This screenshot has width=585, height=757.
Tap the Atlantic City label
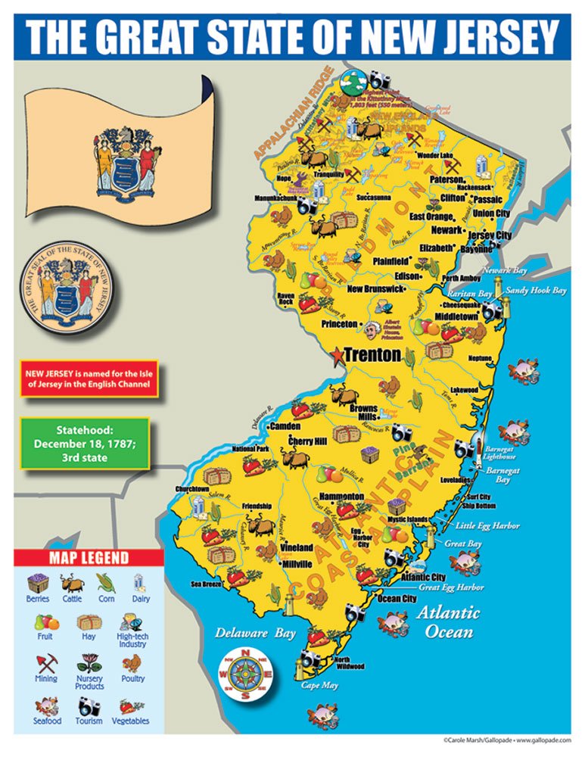point(423,577)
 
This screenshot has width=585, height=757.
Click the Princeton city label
point(338,324)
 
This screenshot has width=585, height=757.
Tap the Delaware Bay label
point(244,632)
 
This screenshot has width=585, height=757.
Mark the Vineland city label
point(296,547)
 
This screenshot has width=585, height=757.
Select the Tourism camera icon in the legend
point(89,706)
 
